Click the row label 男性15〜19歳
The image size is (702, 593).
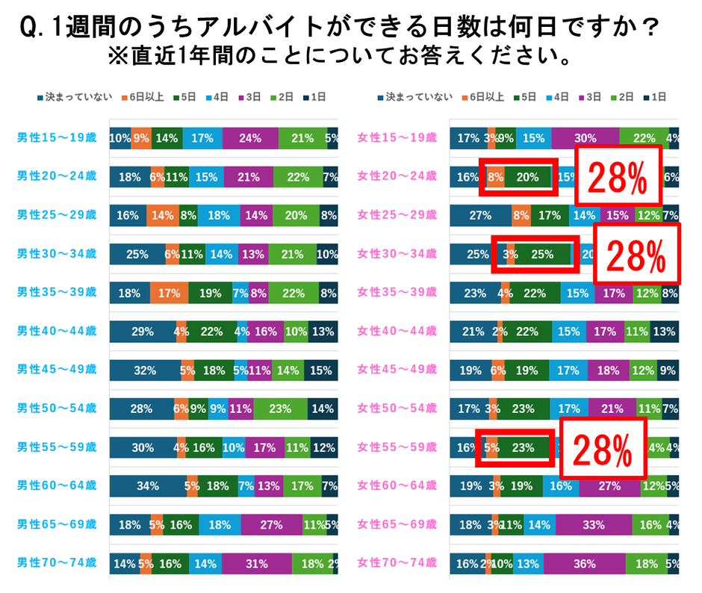pyautogui.click(x=57, y=137)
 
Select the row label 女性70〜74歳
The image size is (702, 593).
pyautogui.click(x=397, y=564)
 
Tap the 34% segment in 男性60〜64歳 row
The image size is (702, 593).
pyautogui.click(x=148, y=486)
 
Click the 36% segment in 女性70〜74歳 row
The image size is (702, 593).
pyautogui.click(x=584, y=564)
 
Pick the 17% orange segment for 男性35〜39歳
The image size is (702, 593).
pyautogui.click(x=169, y=293)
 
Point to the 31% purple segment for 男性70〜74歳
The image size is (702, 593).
pyautogui.click(x=256, y=564)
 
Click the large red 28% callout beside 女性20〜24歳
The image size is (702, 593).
pyautogui.click(x=618, y=177)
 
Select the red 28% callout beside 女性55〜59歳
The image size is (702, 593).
pyautogui.click(x=602, y=449)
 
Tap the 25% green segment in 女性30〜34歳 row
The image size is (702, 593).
pyautogui.click(x=542, y=254)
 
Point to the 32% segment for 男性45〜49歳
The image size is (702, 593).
pyautogui.click(x=145, y=370)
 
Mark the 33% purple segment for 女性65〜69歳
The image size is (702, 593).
pyautogui.click(x=593, y=525)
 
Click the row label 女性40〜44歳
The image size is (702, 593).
pyautogui.click(x=397, y=332)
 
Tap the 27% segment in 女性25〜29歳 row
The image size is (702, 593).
pyautogui.click(x=479, y=215)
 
